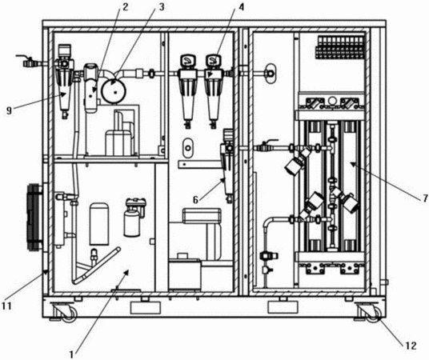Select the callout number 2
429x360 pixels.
[125, 7]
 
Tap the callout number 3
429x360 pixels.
[162, 7]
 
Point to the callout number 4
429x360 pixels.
[241, 7]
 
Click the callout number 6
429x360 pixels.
[195, 200]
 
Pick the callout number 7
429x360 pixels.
[425, 198]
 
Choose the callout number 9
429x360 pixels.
[10, 111]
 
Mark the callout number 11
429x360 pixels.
[6, 306]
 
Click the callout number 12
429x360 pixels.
[411, 346]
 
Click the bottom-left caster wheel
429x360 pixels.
[68, 314]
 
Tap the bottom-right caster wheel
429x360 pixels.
[374, 314]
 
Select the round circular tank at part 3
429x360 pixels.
[114, 91]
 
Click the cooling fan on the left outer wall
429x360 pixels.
[34, 216]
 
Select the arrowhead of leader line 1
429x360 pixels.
[126, 272]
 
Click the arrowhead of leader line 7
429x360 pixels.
[352, 164]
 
